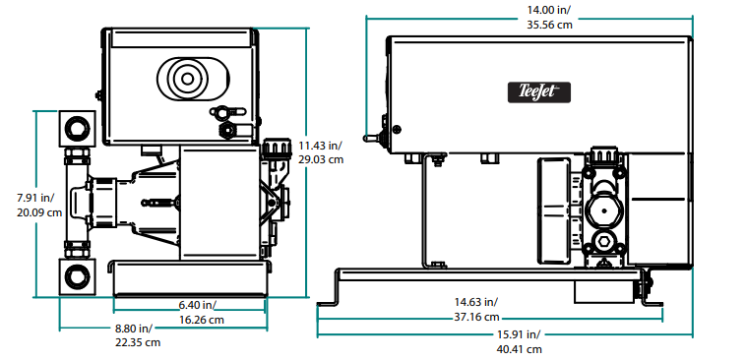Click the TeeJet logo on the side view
[539, 91]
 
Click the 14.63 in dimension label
[476, 302]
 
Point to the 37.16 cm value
[476, 317]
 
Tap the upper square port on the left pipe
[76, 126]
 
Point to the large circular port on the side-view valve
[601, 210]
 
